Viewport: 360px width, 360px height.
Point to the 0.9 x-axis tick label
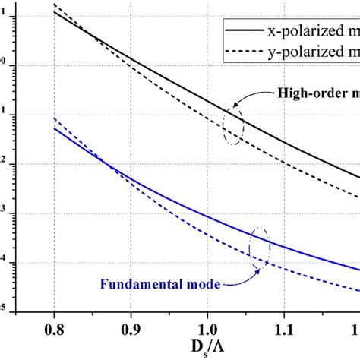(131, 330)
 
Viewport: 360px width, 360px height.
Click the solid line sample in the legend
(242, 31)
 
